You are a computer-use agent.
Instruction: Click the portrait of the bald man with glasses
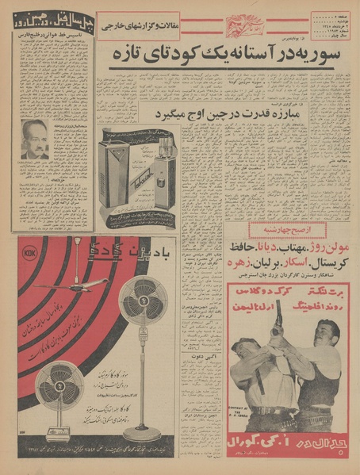36,139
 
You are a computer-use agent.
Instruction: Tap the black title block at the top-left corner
51,21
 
